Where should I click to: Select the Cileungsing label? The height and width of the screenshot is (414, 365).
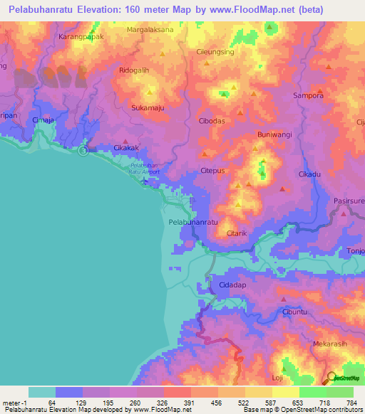pyautogui.click(x=215, y=52)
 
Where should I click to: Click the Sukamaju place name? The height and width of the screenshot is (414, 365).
pyautogui.click(x=148, y=108)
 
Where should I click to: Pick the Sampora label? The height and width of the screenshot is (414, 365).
pyautogui.click(x=309, y=95)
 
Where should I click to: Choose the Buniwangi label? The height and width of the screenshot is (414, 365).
pyautogui.click(x=274, y=134)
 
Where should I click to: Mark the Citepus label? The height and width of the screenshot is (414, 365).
pyautogui.click(x=213, y=171)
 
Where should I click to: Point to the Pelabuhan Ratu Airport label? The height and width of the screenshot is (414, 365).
pyautogui.click(x=146, y=168)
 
